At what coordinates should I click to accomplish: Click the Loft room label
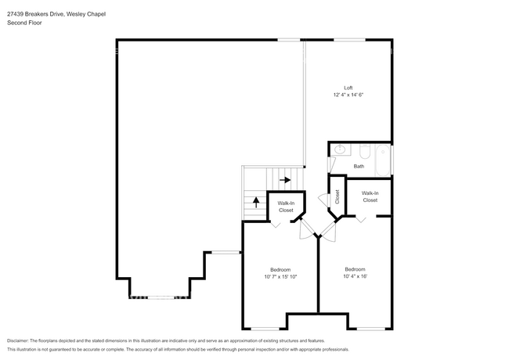(x=348, y=88)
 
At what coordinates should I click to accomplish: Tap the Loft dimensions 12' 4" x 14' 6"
(x=348, y=95)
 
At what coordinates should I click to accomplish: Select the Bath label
(x=359, y=167)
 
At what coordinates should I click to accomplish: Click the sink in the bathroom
(x=340, y=149)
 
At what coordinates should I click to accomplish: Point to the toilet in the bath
(x=365, y=152)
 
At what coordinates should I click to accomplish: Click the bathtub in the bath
(x=383, y=160)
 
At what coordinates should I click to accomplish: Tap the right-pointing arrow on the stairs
(x=285, y=180)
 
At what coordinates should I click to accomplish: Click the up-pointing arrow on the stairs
(x=256, y=203)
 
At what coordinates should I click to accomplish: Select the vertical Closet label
(x=337, y=197)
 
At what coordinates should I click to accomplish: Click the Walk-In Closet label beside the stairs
(x=286, y=207)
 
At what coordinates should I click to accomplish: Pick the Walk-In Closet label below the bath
(x=370, y=197)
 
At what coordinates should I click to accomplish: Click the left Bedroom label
(x=280, y=270)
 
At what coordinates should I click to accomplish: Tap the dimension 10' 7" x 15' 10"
(x=280, y=277)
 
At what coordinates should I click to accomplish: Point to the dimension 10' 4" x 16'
(x=356, y=276)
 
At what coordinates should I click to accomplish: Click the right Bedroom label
(x=356, y=269)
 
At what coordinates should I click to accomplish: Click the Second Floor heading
(x=24, y=23)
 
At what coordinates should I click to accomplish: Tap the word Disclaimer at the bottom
(x=17, y=341)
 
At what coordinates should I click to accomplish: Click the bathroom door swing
(x=330, y=164)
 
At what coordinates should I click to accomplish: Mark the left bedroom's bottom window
(x=265, y=329)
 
